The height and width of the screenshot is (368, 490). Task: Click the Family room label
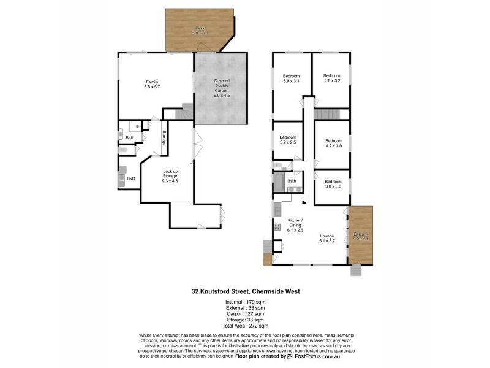pos(151,85)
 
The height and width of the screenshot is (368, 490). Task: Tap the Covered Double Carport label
pos(221,87)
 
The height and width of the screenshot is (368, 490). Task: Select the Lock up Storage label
pos(170,176)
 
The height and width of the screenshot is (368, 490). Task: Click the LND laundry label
pos(130,179)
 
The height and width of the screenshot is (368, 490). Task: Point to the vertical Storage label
pos(164,138)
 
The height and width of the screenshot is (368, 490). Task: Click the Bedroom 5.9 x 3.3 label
pos(291,79)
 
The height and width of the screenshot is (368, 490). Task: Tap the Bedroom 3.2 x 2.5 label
pos(287,140)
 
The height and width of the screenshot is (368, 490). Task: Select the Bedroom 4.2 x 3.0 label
pos(333,144)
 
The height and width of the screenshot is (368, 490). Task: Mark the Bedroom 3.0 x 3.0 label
pos(333,184)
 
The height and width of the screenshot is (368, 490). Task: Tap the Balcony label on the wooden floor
pos(360,237)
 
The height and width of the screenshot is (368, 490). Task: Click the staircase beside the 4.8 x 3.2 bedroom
pos(326,115)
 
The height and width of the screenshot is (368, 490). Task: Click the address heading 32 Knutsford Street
pos(244,292)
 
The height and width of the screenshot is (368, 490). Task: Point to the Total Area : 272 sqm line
pos(244,326)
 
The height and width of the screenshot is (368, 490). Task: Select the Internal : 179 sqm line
pos(244,302)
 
